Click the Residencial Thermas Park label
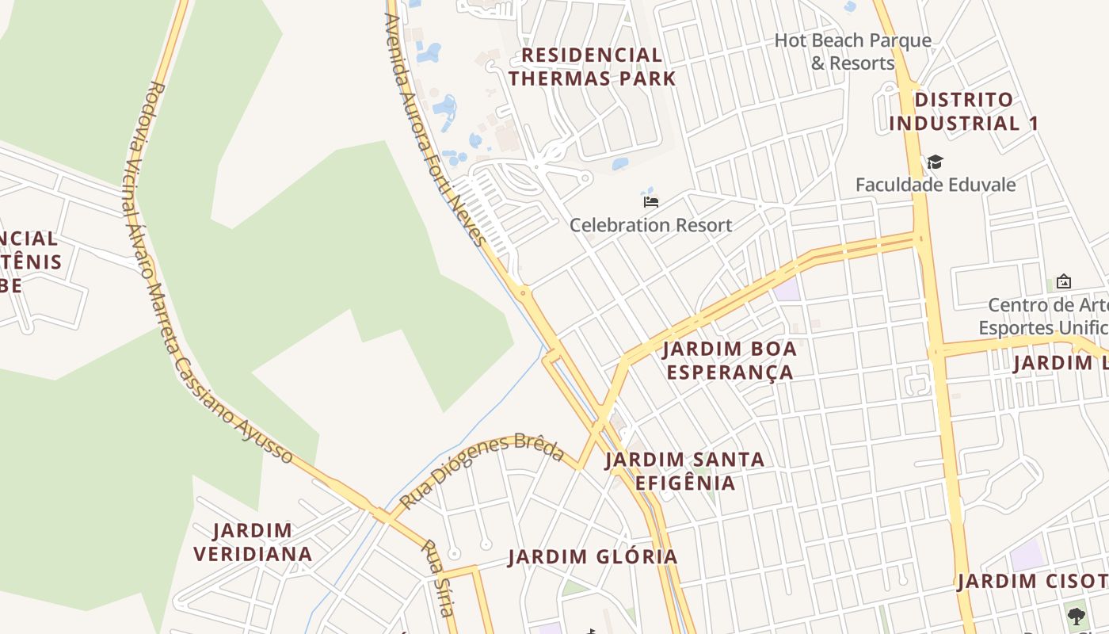click(593, 67)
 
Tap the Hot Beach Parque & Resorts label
click(852, 52)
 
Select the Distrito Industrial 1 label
click(963, 112)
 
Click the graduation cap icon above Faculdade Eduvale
click(935, 162)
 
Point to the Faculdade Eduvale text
click(936, 185)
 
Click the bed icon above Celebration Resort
click(651, 202)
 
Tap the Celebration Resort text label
click(651, 225)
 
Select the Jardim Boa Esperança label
click(730, 361)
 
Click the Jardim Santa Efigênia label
click(684, 471)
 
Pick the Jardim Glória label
click(593, 557)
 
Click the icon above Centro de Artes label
click(1064, 281)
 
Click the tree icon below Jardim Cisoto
click(1076, 616)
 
